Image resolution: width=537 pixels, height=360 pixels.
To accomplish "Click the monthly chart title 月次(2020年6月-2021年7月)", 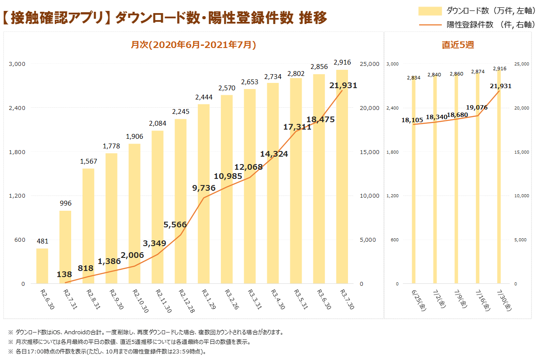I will coord(193,45).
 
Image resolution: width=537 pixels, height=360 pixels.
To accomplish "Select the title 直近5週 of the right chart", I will coord(458,45).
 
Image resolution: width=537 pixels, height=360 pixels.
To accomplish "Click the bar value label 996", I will coord(65,203).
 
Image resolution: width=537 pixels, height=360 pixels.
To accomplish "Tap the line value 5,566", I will coord(175,225).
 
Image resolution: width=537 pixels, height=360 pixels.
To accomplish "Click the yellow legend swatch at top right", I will coord(430,11).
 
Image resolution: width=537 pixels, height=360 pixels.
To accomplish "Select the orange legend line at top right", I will coord(430,25).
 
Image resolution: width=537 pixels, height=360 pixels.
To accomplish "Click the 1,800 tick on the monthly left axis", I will coord(17,152).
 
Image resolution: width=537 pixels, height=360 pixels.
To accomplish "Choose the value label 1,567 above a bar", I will coord(88,161).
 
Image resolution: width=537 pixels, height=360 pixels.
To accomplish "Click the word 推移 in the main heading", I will coord(313,18).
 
